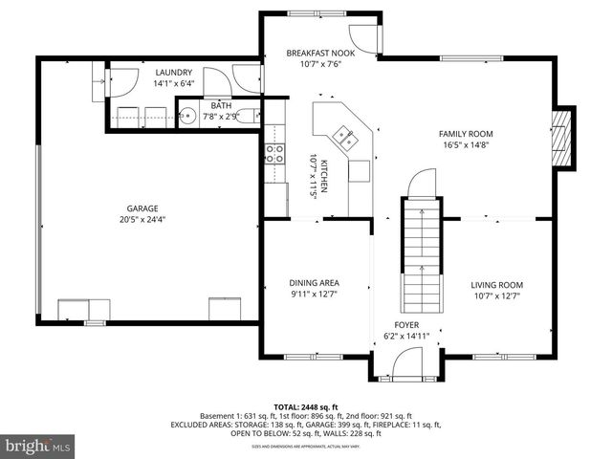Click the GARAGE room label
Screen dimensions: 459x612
coord(143,208)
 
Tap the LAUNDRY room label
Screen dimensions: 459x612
coord(174,72)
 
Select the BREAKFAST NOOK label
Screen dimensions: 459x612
coord(320,54)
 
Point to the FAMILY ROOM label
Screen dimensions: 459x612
coord(466,134)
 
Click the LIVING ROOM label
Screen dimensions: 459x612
coord(496,284)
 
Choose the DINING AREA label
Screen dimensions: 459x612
coord(315,283)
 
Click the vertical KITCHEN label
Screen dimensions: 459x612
coord(323,177)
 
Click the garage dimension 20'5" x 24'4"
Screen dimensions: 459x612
coord(143,219)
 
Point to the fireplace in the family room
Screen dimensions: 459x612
coord(561,136)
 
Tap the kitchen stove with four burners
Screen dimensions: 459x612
coord(274,154)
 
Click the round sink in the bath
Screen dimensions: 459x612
coord(188,117)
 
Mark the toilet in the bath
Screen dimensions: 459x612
coord(248,117)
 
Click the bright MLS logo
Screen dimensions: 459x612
coord(39,446)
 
